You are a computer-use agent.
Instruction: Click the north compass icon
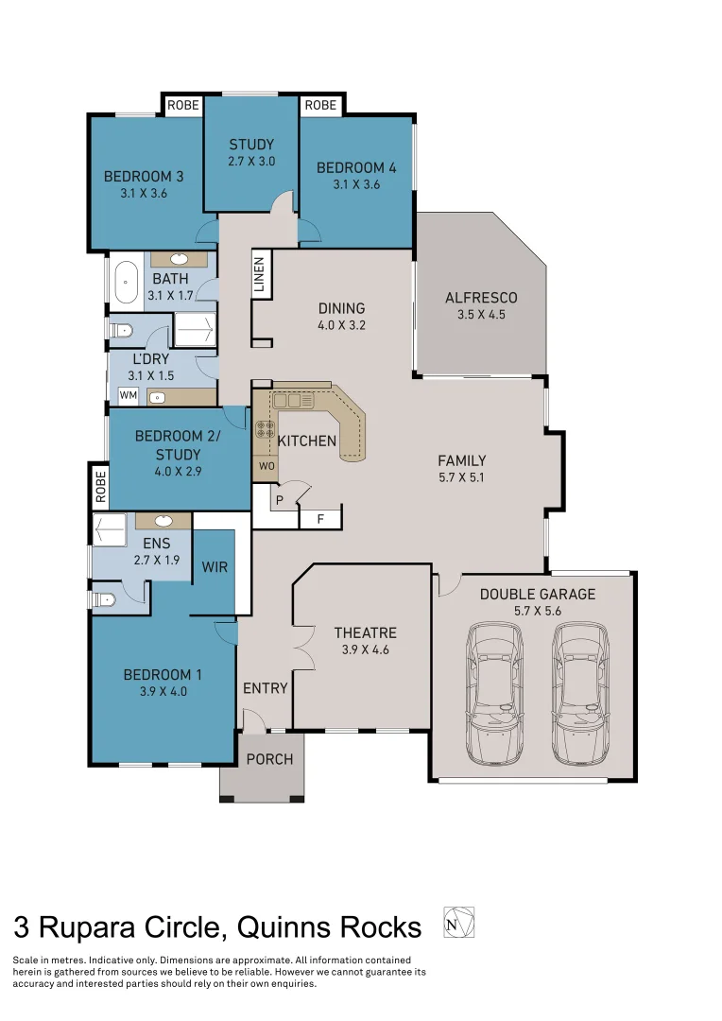pos(458,922)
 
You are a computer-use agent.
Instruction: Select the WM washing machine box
pos(127,394)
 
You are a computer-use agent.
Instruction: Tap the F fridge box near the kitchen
pos(320,518)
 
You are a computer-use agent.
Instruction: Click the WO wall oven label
pos(265,467)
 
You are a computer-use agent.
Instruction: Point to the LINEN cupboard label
pos(259,277)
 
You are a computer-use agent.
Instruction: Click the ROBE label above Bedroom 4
pos(321,105)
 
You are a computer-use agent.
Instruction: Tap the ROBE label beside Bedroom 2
pos(99,488)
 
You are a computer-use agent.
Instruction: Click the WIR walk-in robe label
pos(215,567)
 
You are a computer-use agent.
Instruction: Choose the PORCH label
pos(269,759)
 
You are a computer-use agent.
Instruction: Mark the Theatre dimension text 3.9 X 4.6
pos(365,649)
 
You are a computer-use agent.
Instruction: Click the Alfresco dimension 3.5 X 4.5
pos(481,314)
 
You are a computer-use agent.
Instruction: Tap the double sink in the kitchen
pos(294,402)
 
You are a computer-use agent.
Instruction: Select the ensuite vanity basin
pos(163,521)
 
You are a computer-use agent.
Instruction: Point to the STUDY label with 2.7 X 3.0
pos(251,145)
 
